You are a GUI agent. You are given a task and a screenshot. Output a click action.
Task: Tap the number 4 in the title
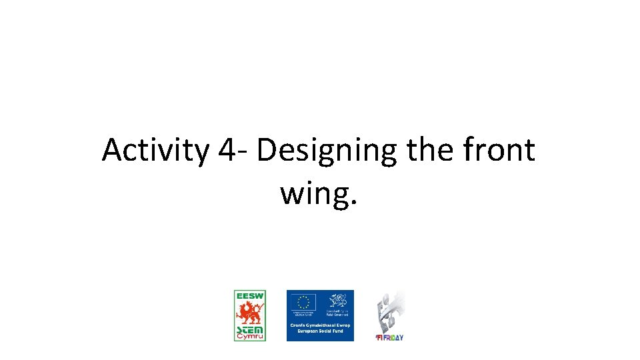pos(225,151)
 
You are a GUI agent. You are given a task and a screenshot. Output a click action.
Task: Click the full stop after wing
pos(354,202)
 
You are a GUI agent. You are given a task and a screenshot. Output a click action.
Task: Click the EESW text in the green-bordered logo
pos(250,295)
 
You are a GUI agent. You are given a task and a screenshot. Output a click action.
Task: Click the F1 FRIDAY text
pos(389,337)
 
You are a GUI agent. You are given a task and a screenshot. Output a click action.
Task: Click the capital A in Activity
pos(112,151)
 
